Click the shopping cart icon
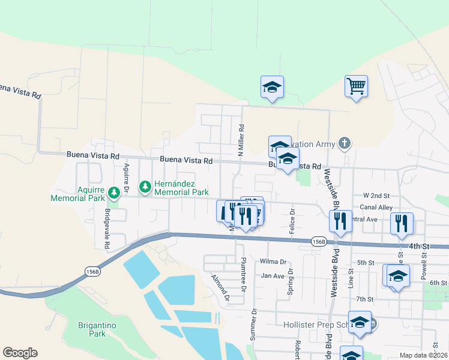(x=356, y=86)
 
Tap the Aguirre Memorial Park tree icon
(x=114, y=193)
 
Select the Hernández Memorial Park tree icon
(x=145, y=188)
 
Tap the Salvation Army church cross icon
(x=344, y=143)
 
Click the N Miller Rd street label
(x=241, y=140)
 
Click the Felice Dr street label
(x=292, y=221)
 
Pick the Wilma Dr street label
(x=273, y=262)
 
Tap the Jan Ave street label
(x=272, y=276)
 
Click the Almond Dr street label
(x=220, y=287)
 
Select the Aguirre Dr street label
(x=127, y=178)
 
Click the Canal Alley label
(x=376, y=207)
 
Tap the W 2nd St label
(x=376, y=196)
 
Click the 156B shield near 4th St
(x=319, y=241)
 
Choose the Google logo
(x=20, y=353)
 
